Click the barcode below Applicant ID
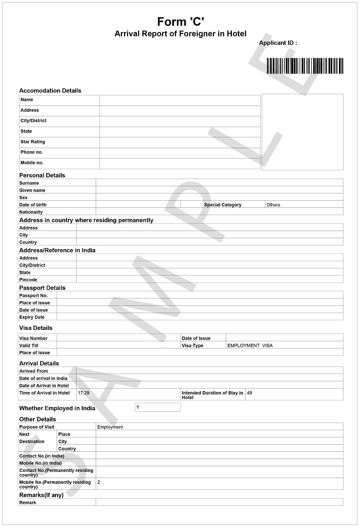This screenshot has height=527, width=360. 304,66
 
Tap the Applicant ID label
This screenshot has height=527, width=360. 278,43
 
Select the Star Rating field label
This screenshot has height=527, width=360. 32,142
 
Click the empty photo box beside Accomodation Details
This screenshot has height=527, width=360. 302,132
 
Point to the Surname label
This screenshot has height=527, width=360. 29,183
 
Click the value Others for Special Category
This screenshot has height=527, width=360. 273,205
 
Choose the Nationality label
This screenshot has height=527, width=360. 31,212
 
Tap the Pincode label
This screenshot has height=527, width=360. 28,279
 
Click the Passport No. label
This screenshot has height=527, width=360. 33,295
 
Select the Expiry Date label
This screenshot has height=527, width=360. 32,317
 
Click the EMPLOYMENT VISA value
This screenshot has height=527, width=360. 250,345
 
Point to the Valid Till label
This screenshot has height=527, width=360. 29,345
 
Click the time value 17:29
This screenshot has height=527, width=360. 83,393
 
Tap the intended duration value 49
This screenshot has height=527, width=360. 249,393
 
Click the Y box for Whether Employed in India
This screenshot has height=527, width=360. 157,407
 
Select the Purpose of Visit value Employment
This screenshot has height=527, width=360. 110,427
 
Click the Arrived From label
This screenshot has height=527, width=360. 33,371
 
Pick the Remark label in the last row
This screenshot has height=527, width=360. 28,502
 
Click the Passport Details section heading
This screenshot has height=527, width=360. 42,288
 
